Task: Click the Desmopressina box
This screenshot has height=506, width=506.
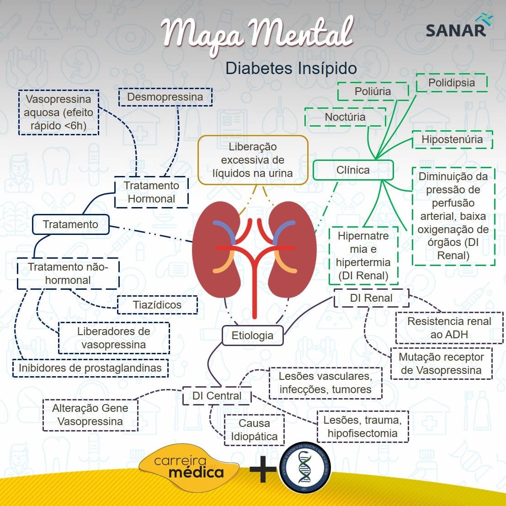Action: click(165, 97)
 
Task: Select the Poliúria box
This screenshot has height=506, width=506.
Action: click(373, 91)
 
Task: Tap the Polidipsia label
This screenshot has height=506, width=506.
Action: click(451, 83)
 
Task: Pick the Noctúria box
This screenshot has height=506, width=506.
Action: click(345, 117)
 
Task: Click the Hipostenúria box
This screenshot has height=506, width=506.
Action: click(452, 139)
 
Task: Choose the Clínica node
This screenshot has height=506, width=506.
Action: click(353, 170)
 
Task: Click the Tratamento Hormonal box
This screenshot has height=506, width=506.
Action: click(151, 192)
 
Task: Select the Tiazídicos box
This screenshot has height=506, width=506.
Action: click(157, 305)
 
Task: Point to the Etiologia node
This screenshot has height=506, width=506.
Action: click(252, 336)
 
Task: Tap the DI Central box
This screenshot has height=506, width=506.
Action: click(217, 395)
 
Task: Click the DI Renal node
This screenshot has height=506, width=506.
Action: click(371, 298)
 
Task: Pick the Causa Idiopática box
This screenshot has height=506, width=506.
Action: click(254, 430)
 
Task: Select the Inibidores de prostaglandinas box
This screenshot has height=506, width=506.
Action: click(90, 368)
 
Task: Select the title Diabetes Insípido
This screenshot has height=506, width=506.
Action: click(291, 69)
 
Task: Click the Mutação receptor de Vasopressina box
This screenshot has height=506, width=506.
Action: click(441, 364)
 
